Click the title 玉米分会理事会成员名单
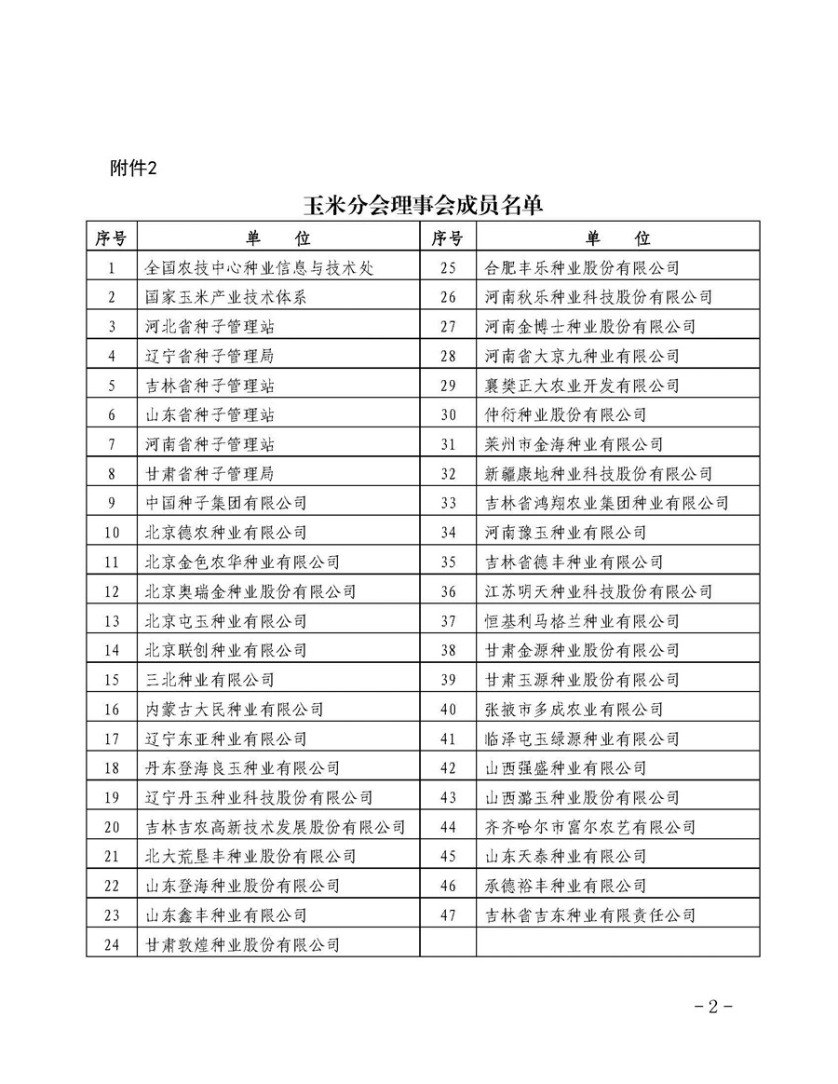click(421, 204)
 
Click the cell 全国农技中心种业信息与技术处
click(260, 267)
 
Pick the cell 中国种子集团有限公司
click(226, 503)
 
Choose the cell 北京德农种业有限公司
click(226, 533)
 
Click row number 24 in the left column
click(112, 944)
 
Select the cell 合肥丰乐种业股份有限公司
click(583, 267)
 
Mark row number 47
click(448, 915)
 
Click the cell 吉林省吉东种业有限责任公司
click(591, 915)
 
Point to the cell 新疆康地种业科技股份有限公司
click(600, 474)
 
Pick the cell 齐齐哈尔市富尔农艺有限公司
click(591, 827)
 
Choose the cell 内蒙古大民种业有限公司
click(235, 709)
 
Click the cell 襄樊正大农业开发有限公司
click(583, 386)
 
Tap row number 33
click(448, 503)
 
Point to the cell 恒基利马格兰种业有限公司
click(583, 621)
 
